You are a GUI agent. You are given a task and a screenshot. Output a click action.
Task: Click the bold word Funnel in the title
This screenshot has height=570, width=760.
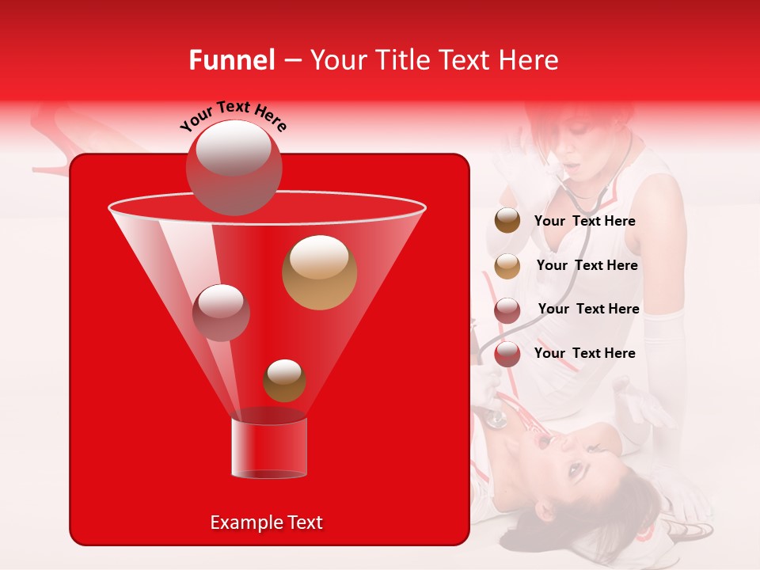click(x=231, y=60)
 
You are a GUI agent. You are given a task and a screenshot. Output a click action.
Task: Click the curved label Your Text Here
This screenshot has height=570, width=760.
click(x=234, y=115)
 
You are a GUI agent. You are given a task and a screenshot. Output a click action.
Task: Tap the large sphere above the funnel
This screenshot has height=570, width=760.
click(x=234, y=167)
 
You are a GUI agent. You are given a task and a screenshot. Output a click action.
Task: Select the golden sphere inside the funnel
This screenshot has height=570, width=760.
click(x=319, y=272)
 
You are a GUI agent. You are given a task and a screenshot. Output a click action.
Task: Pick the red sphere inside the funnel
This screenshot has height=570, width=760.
click(x=221, y=312)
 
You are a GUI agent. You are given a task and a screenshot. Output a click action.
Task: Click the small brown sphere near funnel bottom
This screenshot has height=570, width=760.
click(x=284, y=380)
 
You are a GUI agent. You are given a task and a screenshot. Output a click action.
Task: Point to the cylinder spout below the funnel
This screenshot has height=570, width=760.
click(x=268, y=448)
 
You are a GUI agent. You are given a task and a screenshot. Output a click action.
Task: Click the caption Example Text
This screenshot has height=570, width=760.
click(x=266, y=522)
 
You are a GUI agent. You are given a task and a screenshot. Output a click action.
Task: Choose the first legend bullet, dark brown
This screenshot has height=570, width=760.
click(x=507, y=221)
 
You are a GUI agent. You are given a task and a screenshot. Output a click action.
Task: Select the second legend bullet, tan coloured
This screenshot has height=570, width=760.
click(x=507, y=266)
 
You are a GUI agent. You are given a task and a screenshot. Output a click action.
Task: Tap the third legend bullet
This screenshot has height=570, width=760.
click(x=507, y=310)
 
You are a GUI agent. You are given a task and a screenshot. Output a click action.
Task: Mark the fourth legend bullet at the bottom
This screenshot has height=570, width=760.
click(x=507, y=354)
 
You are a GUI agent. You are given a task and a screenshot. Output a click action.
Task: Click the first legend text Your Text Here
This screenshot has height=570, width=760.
click(x=584, y=221)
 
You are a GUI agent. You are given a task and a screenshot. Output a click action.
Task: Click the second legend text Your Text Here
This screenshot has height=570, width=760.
click(x=587, y=265)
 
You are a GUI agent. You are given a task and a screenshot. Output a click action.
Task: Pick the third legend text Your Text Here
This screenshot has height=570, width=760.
click(x=588, y=309)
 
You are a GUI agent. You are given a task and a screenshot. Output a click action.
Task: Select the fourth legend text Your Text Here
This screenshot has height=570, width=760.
click(x=584, y=353)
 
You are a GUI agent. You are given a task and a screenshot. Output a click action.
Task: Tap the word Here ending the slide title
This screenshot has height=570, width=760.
click(x=529, y=60)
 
